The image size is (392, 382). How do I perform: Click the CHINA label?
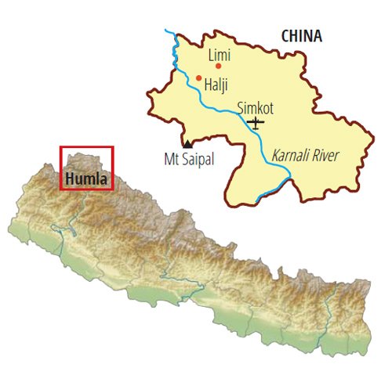coord(301,36)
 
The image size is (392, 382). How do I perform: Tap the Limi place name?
coord(220,55)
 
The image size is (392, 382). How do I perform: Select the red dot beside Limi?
coord(218,66)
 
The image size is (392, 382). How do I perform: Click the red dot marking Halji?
coord(199,77)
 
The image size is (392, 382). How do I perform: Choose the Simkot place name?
coord(255,109)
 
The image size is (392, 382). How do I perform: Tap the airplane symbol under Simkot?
coord(256,122)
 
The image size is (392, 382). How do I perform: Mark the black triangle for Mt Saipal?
coord(187,144)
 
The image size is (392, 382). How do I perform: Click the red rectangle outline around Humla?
coord(114,166)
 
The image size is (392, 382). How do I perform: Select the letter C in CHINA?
coord(284,36)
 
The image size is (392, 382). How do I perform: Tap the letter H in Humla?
coord(69,178)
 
